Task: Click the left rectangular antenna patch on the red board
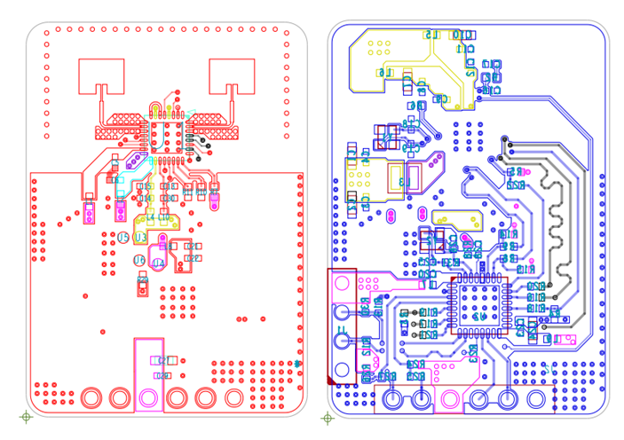(101, 75)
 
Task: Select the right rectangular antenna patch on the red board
(231, 75)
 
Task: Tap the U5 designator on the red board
(124, 238)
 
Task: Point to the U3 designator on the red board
(140, 239)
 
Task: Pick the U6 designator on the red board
(139, 260)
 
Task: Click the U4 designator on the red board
(158, 263)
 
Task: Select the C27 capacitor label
(163, 361)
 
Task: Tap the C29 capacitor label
(163, 375)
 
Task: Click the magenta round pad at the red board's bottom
(148, 397)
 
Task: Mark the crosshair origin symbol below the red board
(26, 416)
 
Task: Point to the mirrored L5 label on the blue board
(432, 35)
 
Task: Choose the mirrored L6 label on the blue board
(383, 73)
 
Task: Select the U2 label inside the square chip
(478, 317)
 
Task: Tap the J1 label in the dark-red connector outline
(341, 338)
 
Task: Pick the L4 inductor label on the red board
(151, 217)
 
